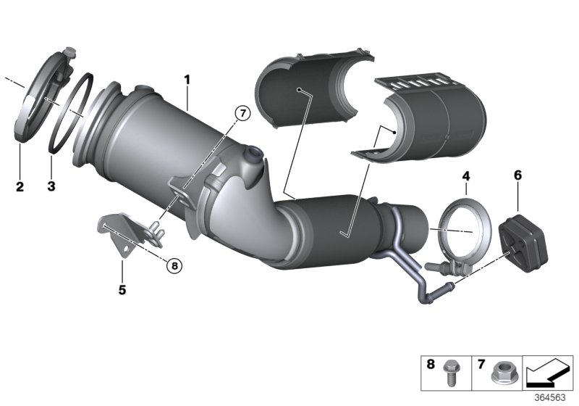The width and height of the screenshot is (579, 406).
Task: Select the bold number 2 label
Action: pyautogui.click(x=20, y=187)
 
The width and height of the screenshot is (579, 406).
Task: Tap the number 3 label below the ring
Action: pyautogui.click(x=51, y=187)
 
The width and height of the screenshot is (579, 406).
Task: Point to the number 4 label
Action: pyautogui.click(x=466, y=176)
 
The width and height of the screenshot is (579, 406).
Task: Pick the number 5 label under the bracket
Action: pyautogui.click(x=122, y=290)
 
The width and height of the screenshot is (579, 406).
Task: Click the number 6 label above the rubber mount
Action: pyautogui.click(x=517, y=175)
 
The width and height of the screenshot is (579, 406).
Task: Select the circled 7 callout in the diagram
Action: pyautogui.click(x=243, y=113)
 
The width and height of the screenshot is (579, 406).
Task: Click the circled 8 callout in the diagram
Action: pyautogui.click(x=174, y=266)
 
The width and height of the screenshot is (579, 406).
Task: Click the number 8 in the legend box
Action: pyautogui.click(x=432, y=365)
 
